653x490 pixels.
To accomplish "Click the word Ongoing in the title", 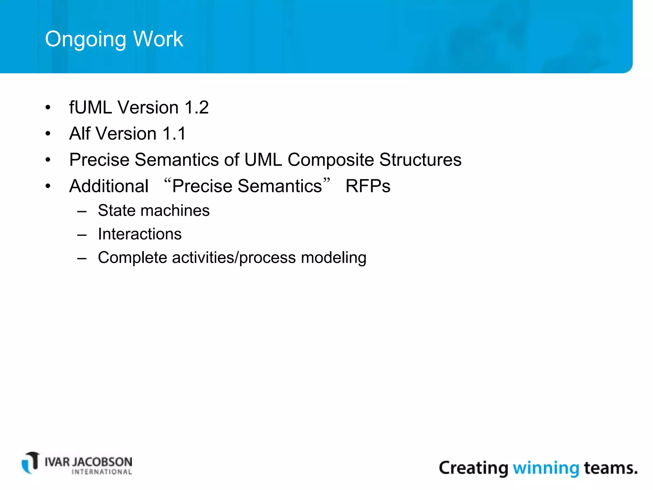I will tap(86, 39).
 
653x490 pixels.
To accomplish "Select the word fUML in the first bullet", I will tap(90, 107).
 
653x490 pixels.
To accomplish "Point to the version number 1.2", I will tap(196, 107).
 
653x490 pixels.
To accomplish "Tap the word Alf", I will tap(79, 133).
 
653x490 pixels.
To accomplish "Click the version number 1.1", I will tap(174, 133).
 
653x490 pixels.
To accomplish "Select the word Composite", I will tap(330, 160).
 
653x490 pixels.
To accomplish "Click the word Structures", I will tap(420, 160).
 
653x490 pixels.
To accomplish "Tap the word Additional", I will tap(109, 186).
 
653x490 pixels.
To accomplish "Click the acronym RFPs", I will tap(368, 186).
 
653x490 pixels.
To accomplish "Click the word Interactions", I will tap(140, 234).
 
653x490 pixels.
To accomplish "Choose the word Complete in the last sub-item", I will tap(132, 257).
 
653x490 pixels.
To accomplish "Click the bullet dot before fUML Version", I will tap(48, 108).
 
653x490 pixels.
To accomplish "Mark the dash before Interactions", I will tap(82, 235).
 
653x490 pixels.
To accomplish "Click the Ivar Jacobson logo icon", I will tap(31, 463).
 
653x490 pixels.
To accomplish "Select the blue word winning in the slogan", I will tap(546, 468).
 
